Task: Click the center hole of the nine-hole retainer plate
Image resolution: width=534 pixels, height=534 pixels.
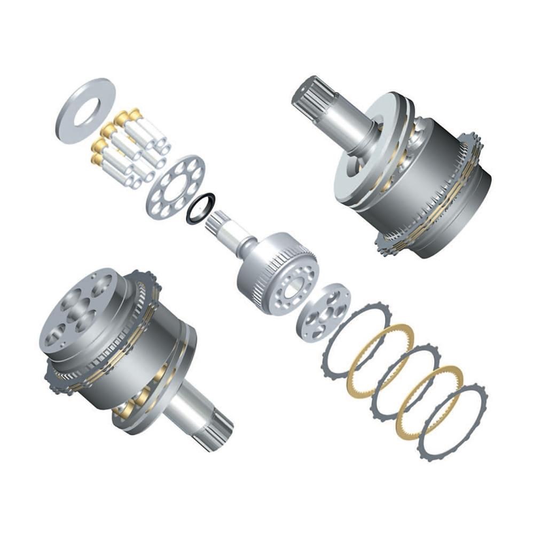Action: [x=176, y=187]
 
